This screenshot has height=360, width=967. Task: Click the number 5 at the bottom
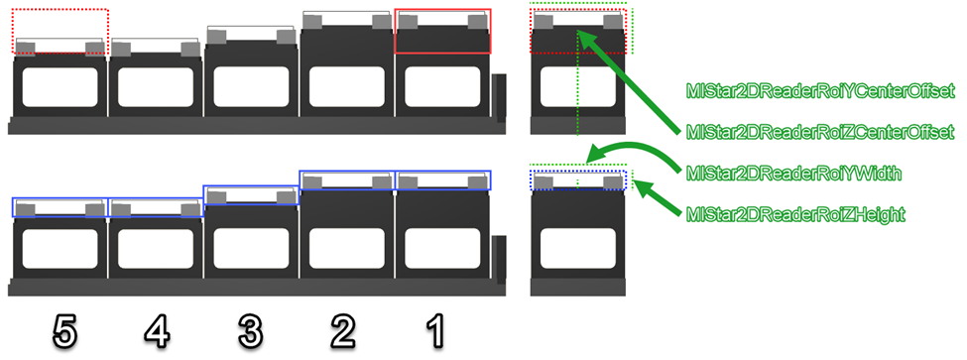(x=64, y=333)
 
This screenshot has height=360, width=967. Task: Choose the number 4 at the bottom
(x=157, y=333)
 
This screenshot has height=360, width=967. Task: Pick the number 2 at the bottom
(x=343, y=333)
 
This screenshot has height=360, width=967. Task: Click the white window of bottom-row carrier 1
(x=442, y=248)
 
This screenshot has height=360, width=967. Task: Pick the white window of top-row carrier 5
(x=60, y=85)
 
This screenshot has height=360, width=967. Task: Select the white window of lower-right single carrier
(x=578, y=248)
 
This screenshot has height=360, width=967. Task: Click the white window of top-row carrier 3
(x=251, y=85)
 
